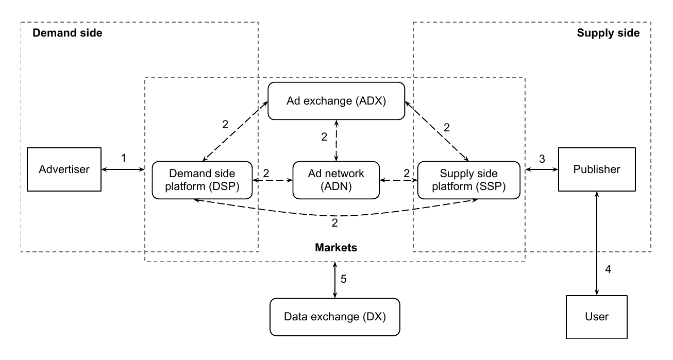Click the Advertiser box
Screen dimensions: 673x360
coord(64,169)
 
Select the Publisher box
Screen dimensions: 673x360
coord(597,169)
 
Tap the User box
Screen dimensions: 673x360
coord(596,317)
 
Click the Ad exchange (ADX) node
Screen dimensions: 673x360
coord(336,101)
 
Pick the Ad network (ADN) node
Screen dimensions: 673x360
coord(336,180)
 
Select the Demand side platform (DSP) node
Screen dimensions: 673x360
coord(202,180)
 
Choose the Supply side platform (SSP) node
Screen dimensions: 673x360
coord(469,180)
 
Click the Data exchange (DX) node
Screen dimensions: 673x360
coord(335,317)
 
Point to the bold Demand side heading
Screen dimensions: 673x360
coord(68,33)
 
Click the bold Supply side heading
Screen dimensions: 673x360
coord(608,33)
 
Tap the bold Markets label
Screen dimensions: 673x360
coord(336,247)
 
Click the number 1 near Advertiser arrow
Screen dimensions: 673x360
coord(124,158)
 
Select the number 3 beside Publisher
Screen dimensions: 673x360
coord(542,159)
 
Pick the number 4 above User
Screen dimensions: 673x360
coord(608,269)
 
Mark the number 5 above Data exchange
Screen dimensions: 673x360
coord(343,279)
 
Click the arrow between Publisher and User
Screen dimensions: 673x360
coord(597,243)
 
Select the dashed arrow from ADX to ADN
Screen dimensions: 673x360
coord(336,141)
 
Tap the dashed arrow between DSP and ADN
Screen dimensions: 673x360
coord(273,180)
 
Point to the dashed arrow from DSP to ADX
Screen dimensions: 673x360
coord(235,131)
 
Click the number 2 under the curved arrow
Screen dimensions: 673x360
coord(335,223)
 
